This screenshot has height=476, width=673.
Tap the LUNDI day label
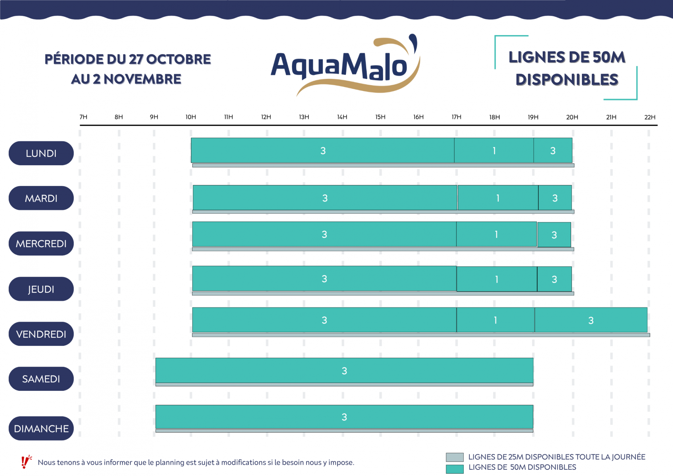(41, 153)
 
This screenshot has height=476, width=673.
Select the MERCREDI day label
(41, 243)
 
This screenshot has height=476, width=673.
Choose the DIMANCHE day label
(41, 428)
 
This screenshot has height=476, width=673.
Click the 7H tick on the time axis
(83, 117)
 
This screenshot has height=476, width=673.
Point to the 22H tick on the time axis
(650, 117)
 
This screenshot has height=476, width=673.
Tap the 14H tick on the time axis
(342, 117)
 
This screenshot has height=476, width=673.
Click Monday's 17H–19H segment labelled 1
(494, 150)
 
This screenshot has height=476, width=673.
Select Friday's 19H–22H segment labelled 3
(591, 320)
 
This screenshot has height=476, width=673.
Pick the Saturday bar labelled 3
(344, 370)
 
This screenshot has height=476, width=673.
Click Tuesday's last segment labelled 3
(555, 198)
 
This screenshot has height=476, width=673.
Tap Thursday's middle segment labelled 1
(497, 279)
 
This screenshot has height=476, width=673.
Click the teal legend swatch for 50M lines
(455, 469)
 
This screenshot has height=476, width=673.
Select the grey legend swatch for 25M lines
(455, 457)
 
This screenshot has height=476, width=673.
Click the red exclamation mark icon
(26, 462)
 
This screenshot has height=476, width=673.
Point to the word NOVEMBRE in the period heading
(142, 79)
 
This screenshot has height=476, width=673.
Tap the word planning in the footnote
(170, 462)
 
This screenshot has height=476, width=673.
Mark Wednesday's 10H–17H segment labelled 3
(324, 234)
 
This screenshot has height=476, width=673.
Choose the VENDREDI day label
(41, 334)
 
